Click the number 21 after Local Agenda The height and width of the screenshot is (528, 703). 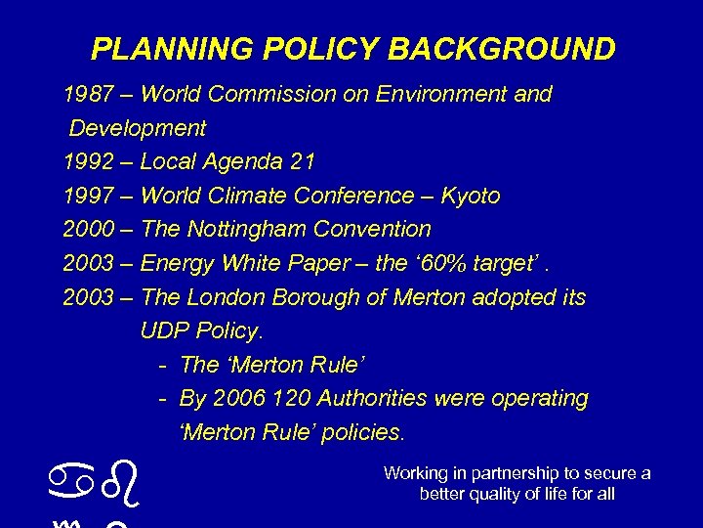tap(303, 161)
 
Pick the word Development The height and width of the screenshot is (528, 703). tap(138, 128)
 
